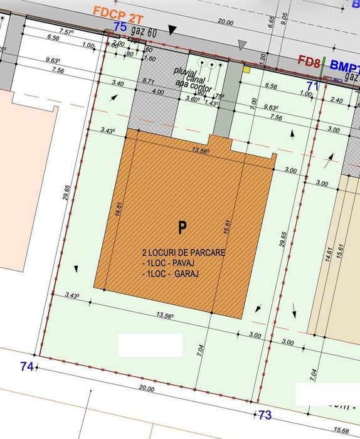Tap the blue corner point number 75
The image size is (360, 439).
click(x=120, y=27)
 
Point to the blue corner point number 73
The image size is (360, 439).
click(x=265, y=415)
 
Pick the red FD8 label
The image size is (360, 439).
click(x=310, y=61)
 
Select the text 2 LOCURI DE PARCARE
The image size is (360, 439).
click(x=183, y=253)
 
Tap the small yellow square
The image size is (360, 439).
click(x=247, y=70)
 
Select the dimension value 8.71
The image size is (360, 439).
click(x=149, y=82)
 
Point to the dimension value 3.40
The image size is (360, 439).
click(x=117, y=83)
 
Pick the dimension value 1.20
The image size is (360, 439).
click(x=263, y=59)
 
